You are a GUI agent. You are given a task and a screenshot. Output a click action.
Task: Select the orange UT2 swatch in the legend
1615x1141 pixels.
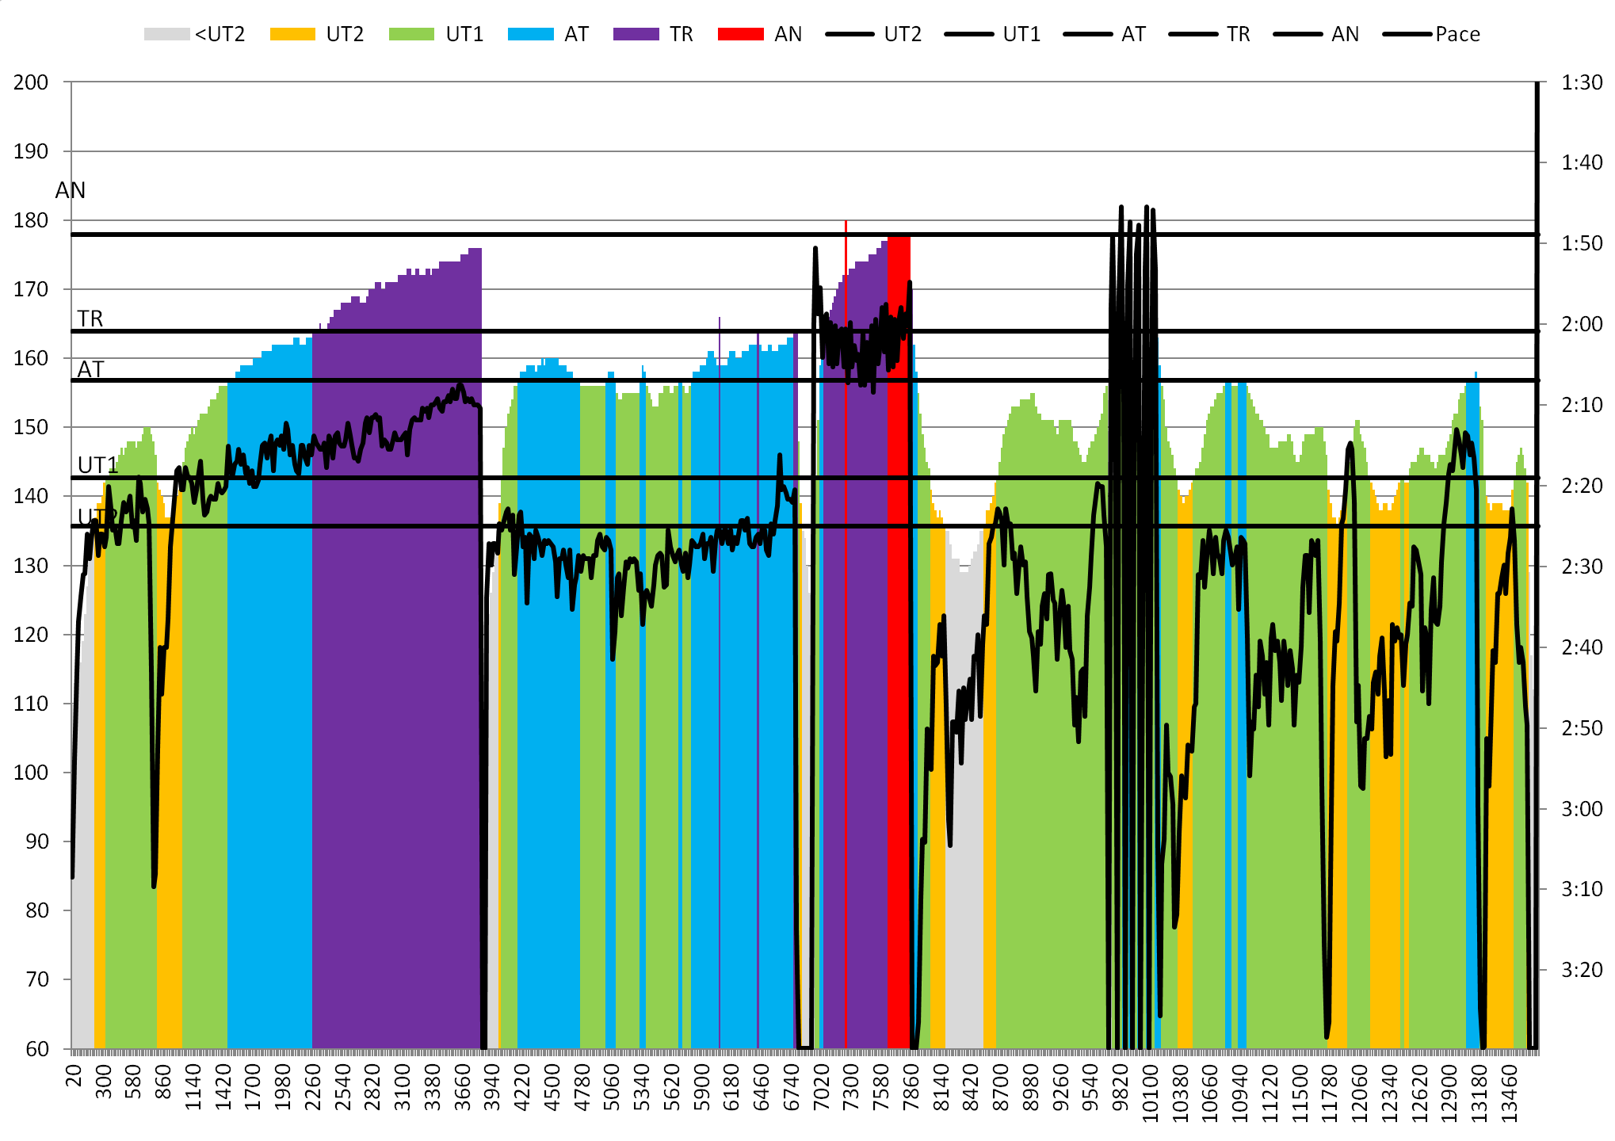[x=292, y=34]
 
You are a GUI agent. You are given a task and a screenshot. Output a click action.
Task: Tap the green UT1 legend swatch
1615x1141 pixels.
[x=411, y=34]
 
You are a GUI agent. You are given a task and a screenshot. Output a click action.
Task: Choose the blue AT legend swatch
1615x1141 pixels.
[x=530, y=34]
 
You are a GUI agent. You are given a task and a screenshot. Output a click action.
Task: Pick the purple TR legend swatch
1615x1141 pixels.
[x=636, y=34]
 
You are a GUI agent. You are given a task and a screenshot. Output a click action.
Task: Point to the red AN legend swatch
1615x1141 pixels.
[x=740, y=34]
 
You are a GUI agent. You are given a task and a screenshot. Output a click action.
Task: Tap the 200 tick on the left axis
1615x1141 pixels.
[x=31, y=82]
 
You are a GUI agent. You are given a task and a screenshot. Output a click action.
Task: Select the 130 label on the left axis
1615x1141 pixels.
[x=31, y=566]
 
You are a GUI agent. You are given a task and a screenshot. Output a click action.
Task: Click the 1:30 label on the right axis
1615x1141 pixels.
[x=1581, y=82]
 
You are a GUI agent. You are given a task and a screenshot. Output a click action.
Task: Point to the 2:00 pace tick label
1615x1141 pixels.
[x=1581, y=324]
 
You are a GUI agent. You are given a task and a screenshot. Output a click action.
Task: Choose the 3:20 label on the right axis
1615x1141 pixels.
[x=1581, y=969]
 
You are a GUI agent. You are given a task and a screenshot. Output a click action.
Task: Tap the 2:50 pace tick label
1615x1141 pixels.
[x=1581, y=727]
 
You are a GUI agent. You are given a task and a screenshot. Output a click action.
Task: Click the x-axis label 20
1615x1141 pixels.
[x=74, y=1075]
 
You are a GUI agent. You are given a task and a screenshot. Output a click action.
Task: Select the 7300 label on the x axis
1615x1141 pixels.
[x=850, y=1087]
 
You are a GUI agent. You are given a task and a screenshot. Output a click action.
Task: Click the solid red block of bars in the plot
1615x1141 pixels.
[x=898, y=634]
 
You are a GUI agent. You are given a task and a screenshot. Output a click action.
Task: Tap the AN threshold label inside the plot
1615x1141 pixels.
[x=71, y=190]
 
